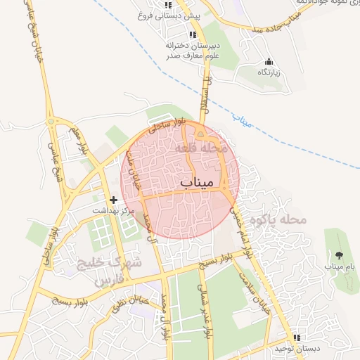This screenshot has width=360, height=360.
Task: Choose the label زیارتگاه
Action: coord(268,72)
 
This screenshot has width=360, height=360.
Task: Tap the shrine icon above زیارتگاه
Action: coord(268,61)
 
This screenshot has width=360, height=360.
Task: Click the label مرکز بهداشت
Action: coord(115,211)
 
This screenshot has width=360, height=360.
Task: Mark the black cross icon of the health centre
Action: coord(114,200)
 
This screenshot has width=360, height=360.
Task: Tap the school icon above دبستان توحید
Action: coord(297,337)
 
